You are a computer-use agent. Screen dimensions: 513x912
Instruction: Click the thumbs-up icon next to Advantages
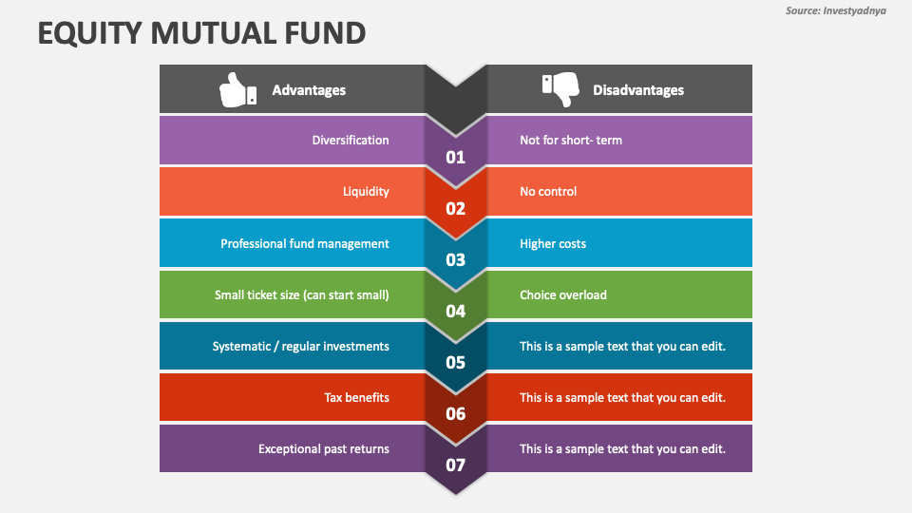point(237,89)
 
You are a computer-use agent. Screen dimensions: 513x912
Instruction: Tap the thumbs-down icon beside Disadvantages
point(560,89)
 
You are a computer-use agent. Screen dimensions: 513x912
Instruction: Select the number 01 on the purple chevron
point(456,157)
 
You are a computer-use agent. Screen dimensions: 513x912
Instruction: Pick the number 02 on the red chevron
point(456,208)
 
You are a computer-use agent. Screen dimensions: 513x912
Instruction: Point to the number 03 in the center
point(456,259)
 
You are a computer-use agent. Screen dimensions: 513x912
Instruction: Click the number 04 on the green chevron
point(456,311)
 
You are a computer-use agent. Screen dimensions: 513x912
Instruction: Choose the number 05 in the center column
point(456,362)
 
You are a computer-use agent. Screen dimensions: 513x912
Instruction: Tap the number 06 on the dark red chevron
point(456,413)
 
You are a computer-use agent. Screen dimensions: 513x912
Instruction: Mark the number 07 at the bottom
point(456,465)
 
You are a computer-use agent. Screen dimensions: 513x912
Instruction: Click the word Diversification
point(351,140)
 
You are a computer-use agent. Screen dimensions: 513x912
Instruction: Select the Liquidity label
point(366,191)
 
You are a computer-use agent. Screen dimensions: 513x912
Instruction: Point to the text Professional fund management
point(305,243)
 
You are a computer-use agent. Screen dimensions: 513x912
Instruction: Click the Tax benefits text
point(356,397)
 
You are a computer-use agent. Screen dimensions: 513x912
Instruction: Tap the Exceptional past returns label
point(324,448)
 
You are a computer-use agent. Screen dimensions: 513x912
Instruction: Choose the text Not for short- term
point(571,140)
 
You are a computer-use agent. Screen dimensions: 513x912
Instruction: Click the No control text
point(548,191)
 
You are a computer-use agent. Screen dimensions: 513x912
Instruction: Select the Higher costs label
point(553,243)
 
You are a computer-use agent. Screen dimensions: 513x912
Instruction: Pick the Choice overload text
point(563,294)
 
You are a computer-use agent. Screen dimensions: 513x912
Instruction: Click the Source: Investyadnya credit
point(835,10)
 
